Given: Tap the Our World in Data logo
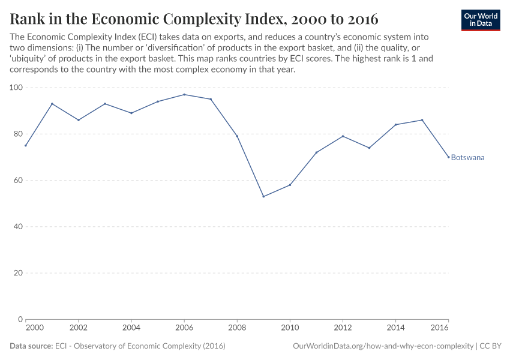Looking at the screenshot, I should [x=481, y=20].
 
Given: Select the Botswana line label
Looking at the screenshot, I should [x=467, y=158].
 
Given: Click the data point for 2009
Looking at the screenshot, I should [x=263, y=196].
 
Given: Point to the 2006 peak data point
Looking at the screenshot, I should [x=184, y=94].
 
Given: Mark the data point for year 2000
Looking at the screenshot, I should [x=26, y=145].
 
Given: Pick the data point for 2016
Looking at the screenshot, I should [x=448, y=157].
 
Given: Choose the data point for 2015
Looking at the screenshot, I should [x=422, y=120].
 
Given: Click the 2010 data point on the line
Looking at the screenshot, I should [x=290, y=185].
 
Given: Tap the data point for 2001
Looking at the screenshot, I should [x=52, y=104].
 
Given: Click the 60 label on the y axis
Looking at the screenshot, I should [x=18, y=181].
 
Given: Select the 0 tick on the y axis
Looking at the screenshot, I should [x=20, y=319].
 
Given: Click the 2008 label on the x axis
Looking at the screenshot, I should [x=237, y=328].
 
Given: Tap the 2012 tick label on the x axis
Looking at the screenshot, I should [x=343, y=328].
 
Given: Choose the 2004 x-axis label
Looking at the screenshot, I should [x=131, y=328].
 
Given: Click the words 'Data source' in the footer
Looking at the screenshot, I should [x=31, y=346].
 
